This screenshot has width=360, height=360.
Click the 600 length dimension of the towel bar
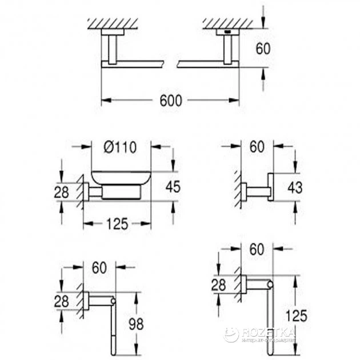click(x=170, y=101)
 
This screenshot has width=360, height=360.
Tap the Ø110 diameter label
click(x=121, y=147)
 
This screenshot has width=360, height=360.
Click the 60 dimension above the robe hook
click(x=258, y=147)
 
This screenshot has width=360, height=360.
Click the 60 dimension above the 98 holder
click(x=99, y=267)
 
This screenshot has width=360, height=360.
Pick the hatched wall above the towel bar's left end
click(x=115, y=23)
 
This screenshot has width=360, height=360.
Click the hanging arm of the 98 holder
click(x=112, y=326)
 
